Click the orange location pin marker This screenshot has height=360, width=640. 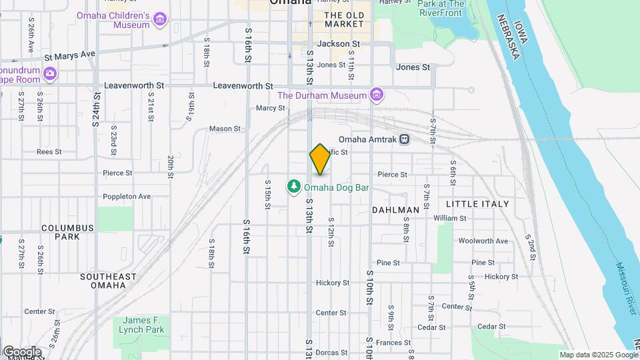tap(320, 159)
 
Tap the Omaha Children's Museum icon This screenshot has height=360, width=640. tap(160, 20)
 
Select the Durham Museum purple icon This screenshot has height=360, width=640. tap(377, 95)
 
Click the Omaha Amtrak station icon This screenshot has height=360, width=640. tap(405, 139)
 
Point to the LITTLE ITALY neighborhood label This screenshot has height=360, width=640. tap(477, 204)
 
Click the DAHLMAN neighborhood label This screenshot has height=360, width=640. tap(395, 210)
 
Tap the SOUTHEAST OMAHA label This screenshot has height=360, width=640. tap(108, 281)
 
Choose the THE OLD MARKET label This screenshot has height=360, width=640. tap(344, 19)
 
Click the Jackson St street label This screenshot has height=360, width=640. tap(339, 44)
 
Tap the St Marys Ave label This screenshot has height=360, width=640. tap(70, 55)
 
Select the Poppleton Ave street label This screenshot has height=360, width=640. tap(127, 197)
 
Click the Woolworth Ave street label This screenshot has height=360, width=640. tap(483, 241)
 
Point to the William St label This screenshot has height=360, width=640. tap(450, 218)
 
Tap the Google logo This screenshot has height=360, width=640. tap(21, 352)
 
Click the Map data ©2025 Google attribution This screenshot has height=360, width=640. tap(599, 355)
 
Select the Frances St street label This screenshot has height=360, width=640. tap(389, 342)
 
